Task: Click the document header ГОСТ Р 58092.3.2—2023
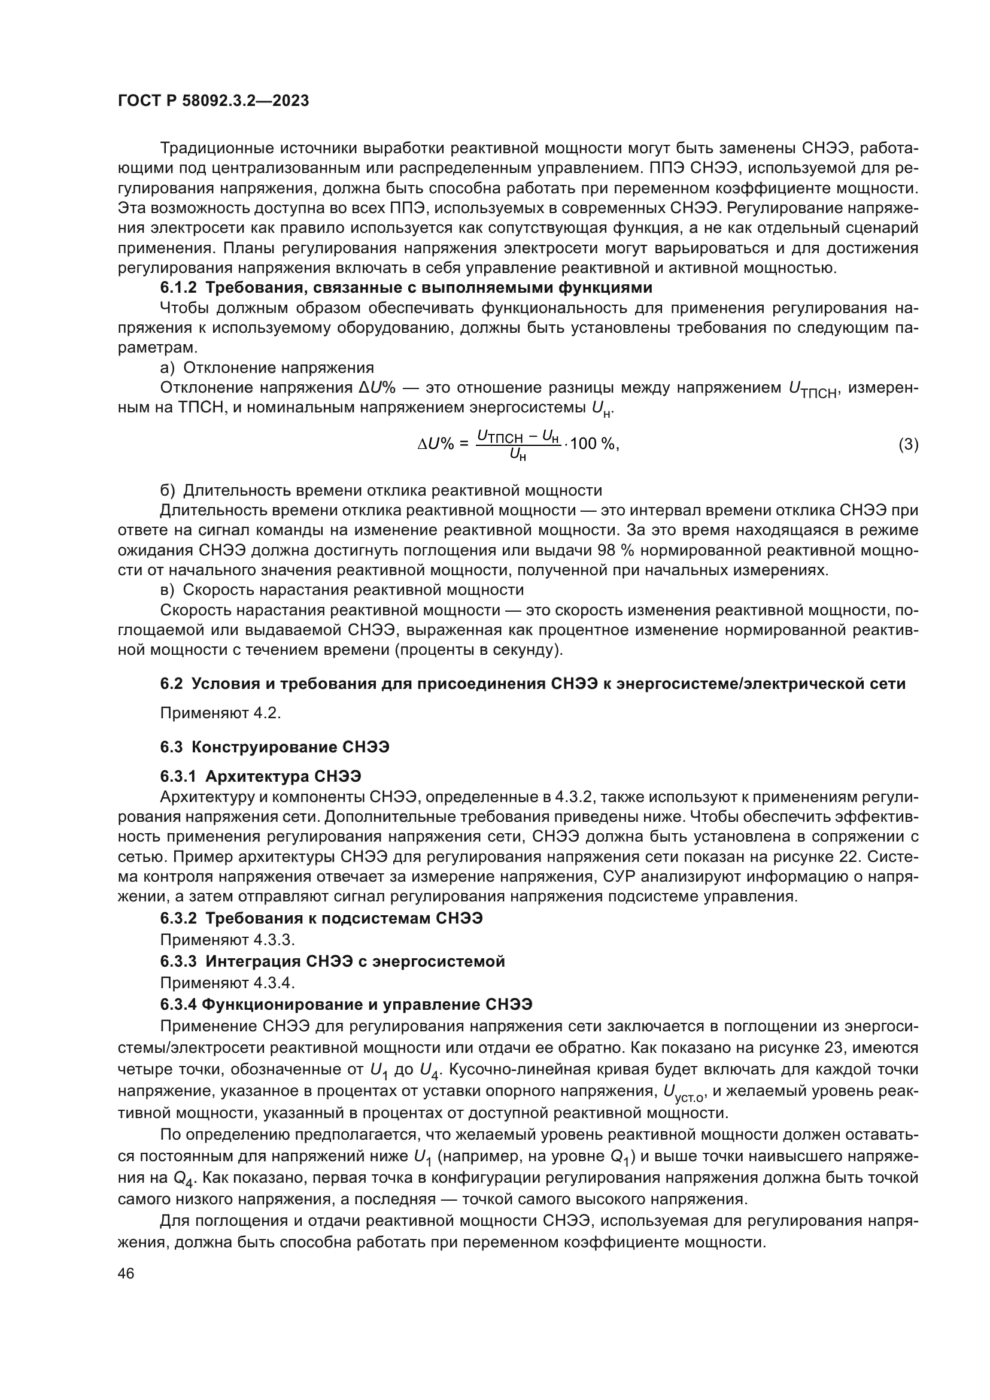(213, 101)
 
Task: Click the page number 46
(126, 1274)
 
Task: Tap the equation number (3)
(908, 444)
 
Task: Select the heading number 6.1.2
(178, 287)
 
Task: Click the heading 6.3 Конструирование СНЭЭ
(274, 747)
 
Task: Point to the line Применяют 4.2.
(220, 713)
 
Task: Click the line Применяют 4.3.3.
(227, 939)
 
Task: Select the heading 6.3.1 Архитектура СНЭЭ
(261, 776)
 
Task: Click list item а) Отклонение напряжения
(266, 368)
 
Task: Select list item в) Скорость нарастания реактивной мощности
(341, 590)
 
